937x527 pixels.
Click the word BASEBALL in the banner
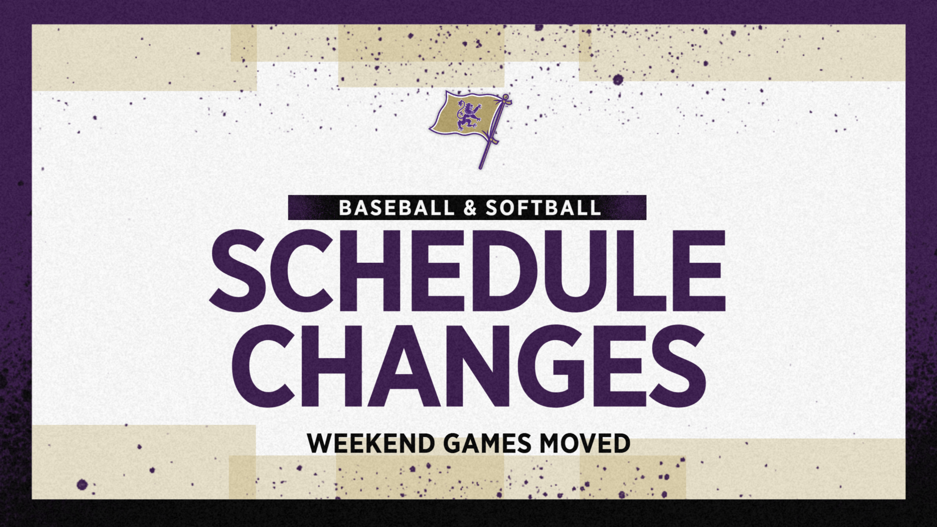click(x=396, y=208)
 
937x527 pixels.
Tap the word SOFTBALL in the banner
click(x=543, y=208)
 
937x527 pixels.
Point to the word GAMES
click(x=487, y=444)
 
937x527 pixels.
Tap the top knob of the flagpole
click(x=506, y=97)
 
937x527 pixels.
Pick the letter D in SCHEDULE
click(x=506, y=271)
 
